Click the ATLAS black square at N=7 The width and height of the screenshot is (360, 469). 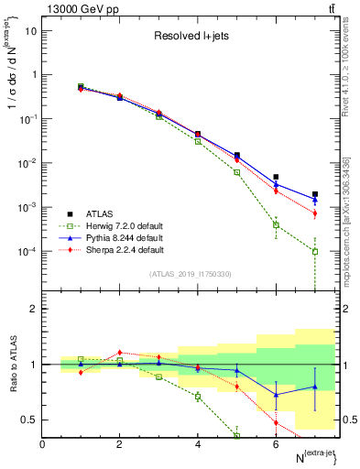315,194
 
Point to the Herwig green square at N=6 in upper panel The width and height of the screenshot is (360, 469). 276,224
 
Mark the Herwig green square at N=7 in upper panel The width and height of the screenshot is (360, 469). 315,251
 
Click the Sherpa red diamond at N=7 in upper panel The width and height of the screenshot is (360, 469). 315,213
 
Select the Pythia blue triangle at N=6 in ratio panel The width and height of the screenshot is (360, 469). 276,395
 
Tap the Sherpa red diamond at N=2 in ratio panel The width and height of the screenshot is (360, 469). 119,352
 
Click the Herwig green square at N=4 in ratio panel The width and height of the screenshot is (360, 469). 198,396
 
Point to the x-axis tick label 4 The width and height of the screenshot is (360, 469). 198,444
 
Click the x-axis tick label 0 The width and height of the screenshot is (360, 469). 42,444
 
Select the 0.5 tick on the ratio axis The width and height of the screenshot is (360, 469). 31,420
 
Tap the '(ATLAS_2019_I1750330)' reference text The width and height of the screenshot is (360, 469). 191,274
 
